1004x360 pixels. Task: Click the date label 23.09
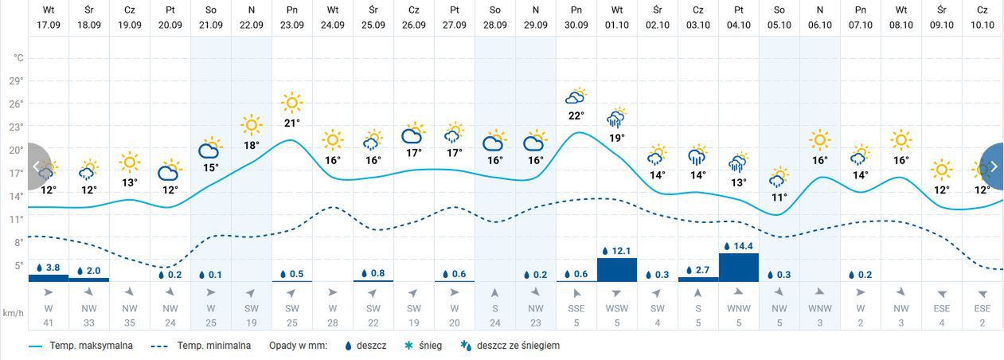(291, 25)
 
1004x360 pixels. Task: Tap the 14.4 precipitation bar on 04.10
(738, 267)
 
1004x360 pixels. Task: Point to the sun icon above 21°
(292, 103)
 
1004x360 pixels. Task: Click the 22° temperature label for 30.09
(576, 115)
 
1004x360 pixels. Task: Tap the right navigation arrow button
(993, 166)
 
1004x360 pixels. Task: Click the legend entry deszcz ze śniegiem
(518, 346)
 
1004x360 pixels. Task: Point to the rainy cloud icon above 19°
(616, 118)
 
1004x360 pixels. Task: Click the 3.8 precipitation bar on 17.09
(49, 277)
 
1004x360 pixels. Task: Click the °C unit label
(18, 58)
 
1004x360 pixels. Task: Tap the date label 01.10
(616, 25)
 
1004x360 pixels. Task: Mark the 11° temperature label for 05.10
(779, 198)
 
